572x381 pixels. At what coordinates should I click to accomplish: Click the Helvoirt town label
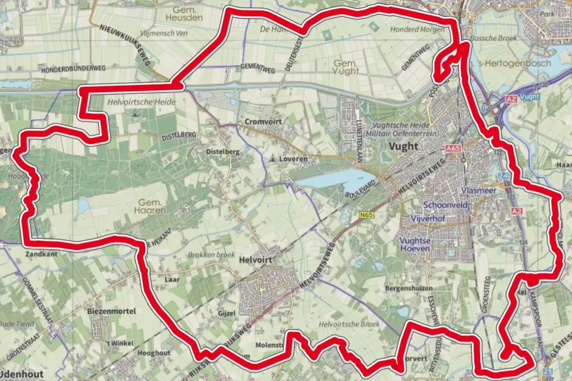(x=256, y=260)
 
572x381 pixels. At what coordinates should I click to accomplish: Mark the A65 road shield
(x=453, y=148)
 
